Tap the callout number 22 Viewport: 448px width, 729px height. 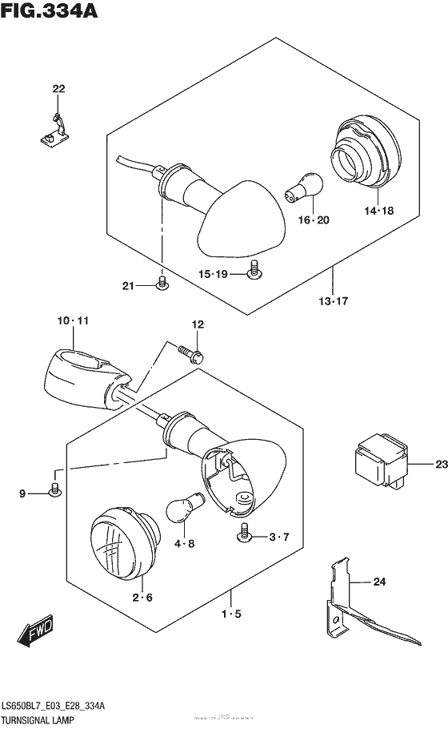(58, 88)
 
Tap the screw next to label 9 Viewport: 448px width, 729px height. (54, 489)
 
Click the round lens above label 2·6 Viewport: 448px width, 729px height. (120, 545)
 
